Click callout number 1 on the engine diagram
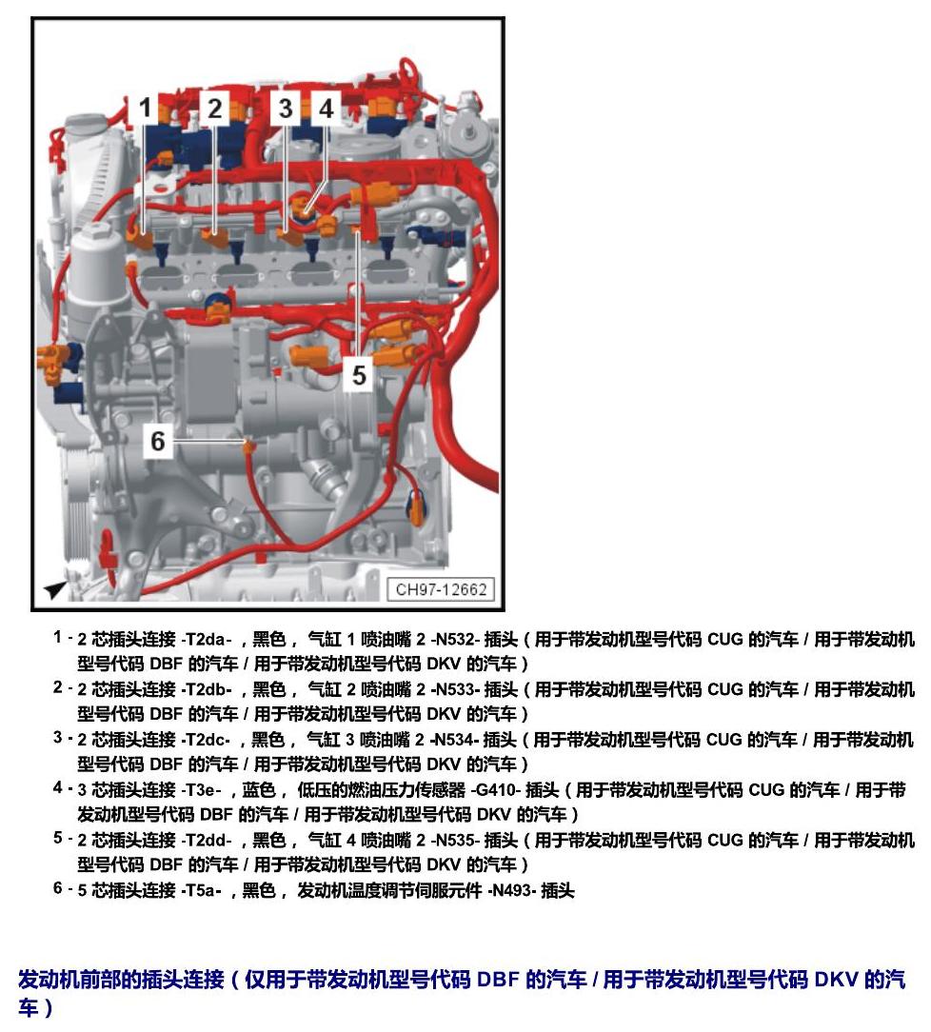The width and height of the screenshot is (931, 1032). (146, 108)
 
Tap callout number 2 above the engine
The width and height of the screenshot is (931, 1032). (214, 108)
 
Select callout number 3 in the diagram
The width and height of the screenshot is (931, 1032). (285, 108)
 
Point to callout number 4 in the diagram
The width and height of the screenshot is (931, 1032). (326, 108)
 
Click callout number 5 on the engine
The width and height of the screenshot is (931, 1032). (359, 374)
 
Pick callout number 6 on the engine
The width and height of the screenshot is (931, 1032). (158, 440)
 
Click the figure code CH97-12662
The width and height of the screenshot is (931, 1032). (441, 588)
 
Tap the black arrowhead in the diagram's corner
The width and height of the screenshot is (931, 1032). (56, 589)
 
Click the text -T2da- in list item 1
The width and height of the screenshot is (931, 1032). (206, 639)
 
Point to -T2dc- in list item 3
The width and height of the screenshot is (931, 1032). (206, 739)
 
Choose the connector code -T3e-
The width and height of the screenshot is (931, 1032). (201, 789)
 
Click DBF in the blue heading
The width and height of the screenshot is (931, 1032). (497, 980)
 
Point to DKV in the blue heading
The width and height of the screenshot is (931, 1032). (836, 980)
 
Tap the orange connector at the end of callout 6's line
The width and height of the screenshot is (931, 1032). (248, 447)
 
